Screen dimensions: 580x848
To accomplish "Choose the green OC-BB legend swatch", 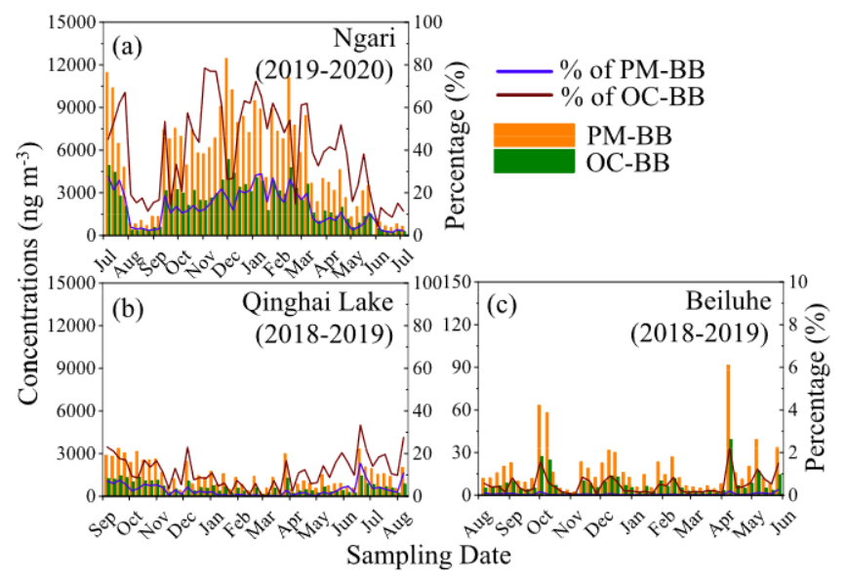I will (534, 161).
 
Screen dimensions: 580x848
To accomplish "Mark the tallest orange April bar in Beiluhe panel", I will (728, 429).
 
